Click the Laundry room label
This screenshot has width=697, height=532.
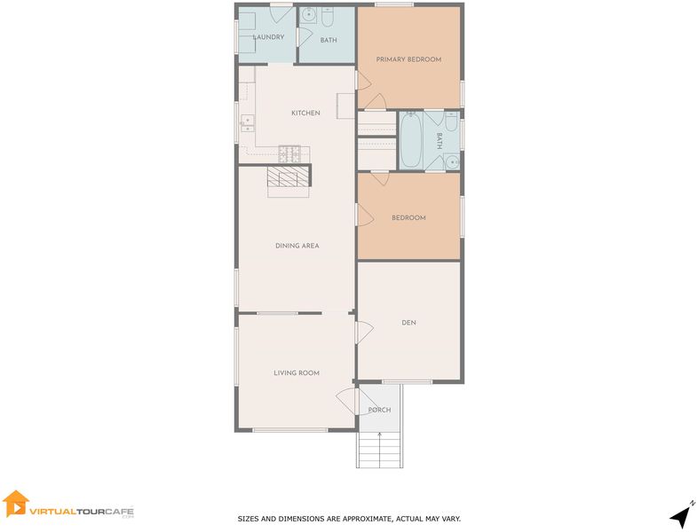(x=268, y=37)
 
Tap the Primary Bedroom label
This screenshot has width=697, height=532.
(x=408, y=59)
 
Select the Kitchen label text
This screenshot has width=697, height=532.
(x=305, y=113)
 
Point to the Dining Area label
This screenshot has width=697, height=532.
(x=297, y=246)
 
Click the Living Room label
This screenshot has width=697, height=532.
(x=297, y=373)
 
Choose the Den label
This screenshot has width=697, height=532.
(x=408, y=323)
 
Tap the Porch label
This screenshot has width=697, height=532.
(x=380, y=410)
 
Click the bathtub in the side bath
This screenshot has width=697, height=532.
(x=410, y=139)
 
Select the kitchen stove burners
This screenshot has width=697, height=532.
(x=289, y=153)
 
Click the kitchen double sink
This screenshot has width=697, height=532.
(x=247, y=123)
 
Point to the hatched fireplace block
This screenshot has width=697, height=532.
(x=288, y=176)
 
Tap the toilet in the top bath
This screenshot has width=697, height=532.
(x=328, y=17)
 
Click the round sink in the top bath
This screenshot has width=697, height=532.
(x=307, y=16)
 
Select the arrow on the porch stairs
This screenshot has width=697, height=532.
(x=380, y=450)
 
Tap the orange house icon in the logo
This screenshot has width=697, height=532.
(x=15, y=504)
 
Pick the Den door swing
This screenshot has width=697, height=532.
(x=365, y=332)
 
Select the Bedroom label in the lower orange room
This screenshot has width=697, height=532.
(x=408, y=217)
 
